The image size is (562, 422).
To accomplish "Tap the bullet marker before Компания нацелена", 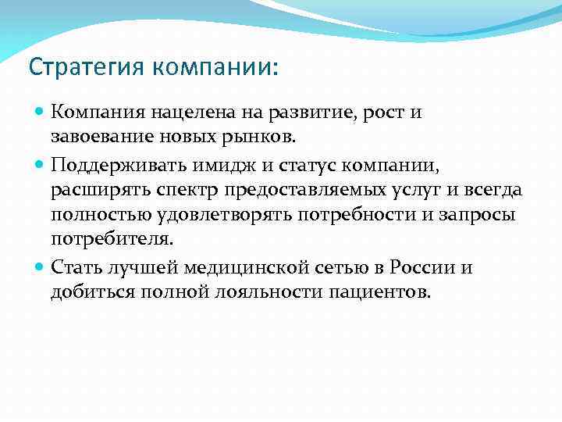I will (x=41, y=113).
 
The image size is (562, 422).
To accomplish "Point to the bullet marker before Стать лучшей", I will (x=41, y=268).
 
